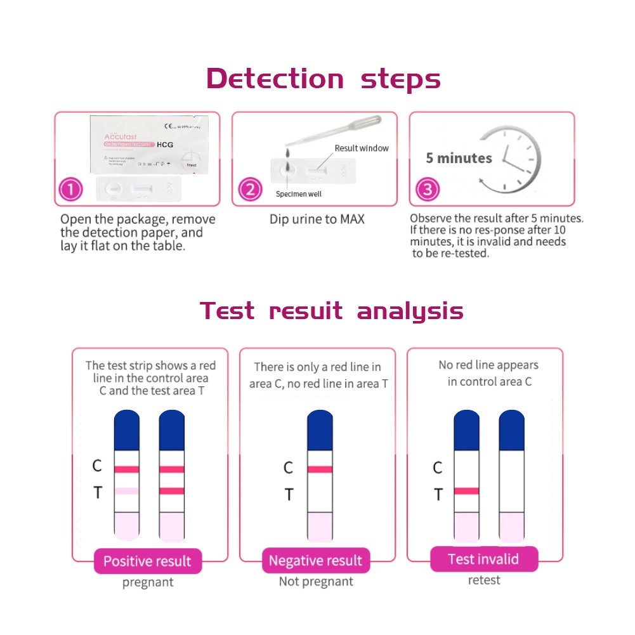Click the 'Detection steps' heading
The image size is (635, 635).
[x=324, y=79]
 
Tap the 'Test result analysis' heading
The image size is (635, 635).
[x=331, y=311]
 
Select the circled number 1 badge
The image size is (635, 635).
[x=71, y=190]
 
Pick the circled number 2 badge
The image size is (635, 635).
[x=250, y=190]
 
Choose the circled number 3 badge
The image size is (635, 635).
[x=428, y=190]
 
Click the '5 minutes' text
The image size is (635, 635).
[x=459, y=158]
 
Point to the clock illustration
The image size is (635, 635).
[x=513, y=159]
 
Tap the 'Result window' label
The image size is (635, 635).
[x=362, y=148]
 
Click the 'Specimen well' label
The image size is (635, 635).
[x=298, y=194]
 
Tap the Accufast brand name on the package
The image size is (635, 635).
[x=121, y=137]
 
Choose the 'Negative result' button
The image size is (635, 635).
[x=315, y=560]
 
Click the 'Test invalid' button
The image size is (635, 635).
[x=483, y=559]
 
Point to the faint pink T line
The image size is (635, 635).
[x=127, y=491]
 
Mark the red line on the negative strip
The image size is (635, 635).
[x=320, y=469]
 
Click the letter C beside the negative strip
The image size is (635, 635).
[x=288, y=468]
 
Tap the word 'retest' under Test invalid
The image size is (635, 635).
[x=484, y=580]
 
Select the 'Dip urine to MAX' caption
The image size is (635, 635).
[x=317, y=219]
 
